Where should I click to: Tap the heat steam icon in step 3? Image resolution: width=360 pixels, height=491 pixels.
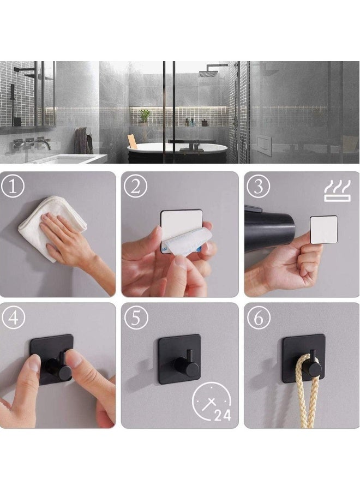pyautogui.click(x=337, y=191)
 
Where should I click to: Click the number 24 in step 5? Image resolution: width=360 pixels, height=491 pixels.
pyautogui.click(x=222, y=416)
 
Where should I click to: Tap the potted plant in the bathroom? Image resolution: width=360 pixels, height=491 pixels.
pyautogui.click(x=145, y=116)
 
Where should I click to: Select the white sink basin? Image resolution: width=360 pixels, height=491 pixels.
pyautogui.click(x=65, y=159)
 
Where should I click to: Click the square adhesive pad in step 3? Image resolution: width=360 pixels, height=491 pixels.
pyautogui.click(x=323, y=229)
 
